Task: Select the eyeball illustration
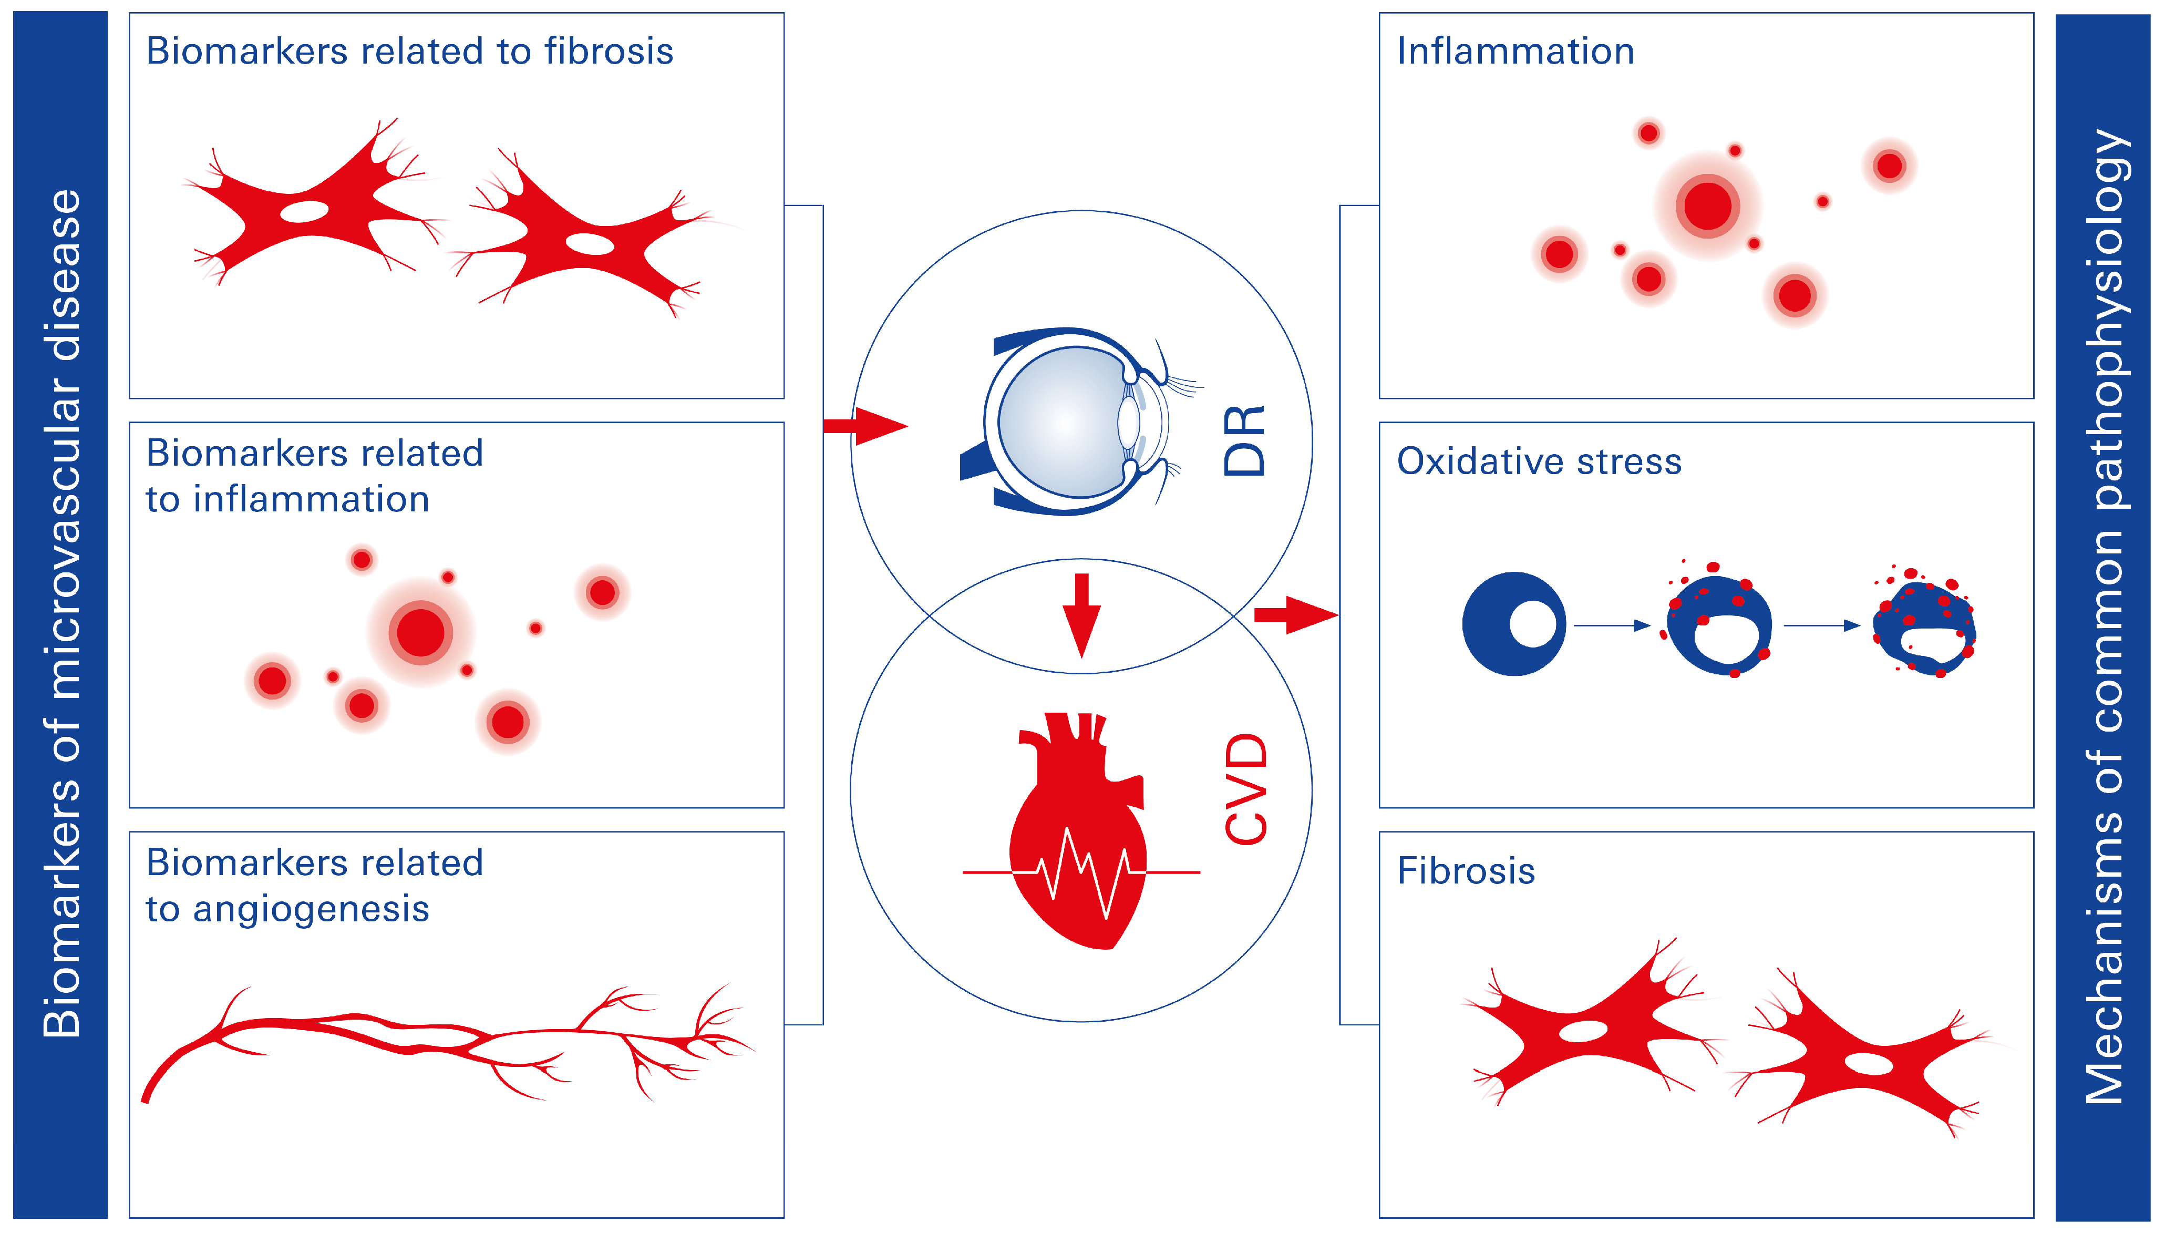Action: click(x=1071, y=422)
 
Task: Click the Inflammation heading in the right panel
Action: click(x=1515, y=52)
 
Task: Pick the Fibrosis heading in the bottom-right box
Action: click(x=1466, y=871)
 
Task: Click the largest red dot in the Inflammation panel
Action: click(x=1707, y=206)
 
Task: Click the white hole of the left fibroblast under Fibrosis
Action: click(x=1582, y=1031)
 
